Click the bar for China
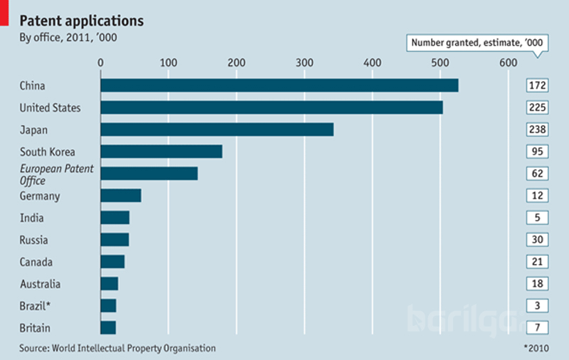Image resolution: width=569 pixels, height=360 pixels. [x=280, y=85]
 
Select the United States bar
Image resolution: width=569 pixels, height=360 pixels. [x=272, y=107]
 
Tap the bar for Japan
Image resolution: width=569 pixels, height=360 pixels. [x=217, y=129]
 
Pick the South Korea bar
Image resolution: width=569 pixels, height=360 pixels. [x=161, y=152]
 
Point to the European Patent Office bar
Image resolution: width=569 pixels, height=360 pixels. [x=149, y=174]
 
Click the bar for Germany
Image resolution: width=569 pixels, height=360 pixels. [x=121, y=196]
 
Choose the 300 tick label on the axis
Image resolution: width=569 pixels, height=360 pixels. [x=304, y=63]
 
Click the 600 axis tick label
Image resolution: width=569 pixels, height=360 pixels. [x=508, y=63]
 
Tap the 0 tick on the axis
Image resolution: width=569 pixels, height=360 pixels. [x=101, y=63]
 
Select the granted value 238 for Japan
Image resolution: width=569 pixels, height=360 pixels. [x=536, y=129]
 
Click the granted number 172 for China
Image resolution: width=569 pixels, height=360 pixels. [x=536, y=85]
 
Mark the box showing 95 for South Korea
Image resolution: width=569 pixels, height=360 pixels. [x=536, y=152]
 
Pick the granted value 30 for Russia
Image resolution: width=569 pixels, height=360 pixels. [x=536, y=240]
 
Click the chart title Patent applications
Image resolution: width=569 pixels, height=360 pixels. [x=81, y=19]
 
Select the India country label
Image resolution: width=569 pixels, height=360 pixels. [x=31, y=218]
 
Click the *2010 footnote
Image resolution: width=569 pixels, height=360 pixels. [x=538, y=349]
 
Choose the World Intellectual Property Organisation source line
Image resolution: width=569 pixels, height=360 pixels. [x=117, y=349]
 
